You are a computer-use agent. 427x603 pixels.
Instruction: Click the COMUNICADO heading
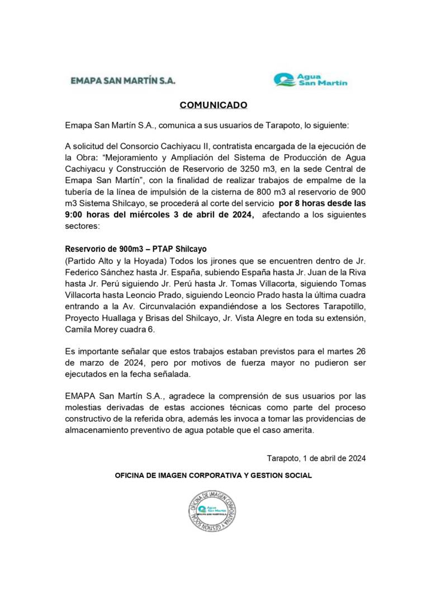tap(213, 105)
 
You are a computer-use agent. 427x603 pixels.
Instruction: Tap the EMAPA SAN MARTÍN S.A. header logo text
tap(123, 80)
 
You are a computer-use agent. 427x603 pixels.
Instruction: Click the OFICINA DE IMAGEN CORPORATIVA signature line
tap(213, 475)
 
